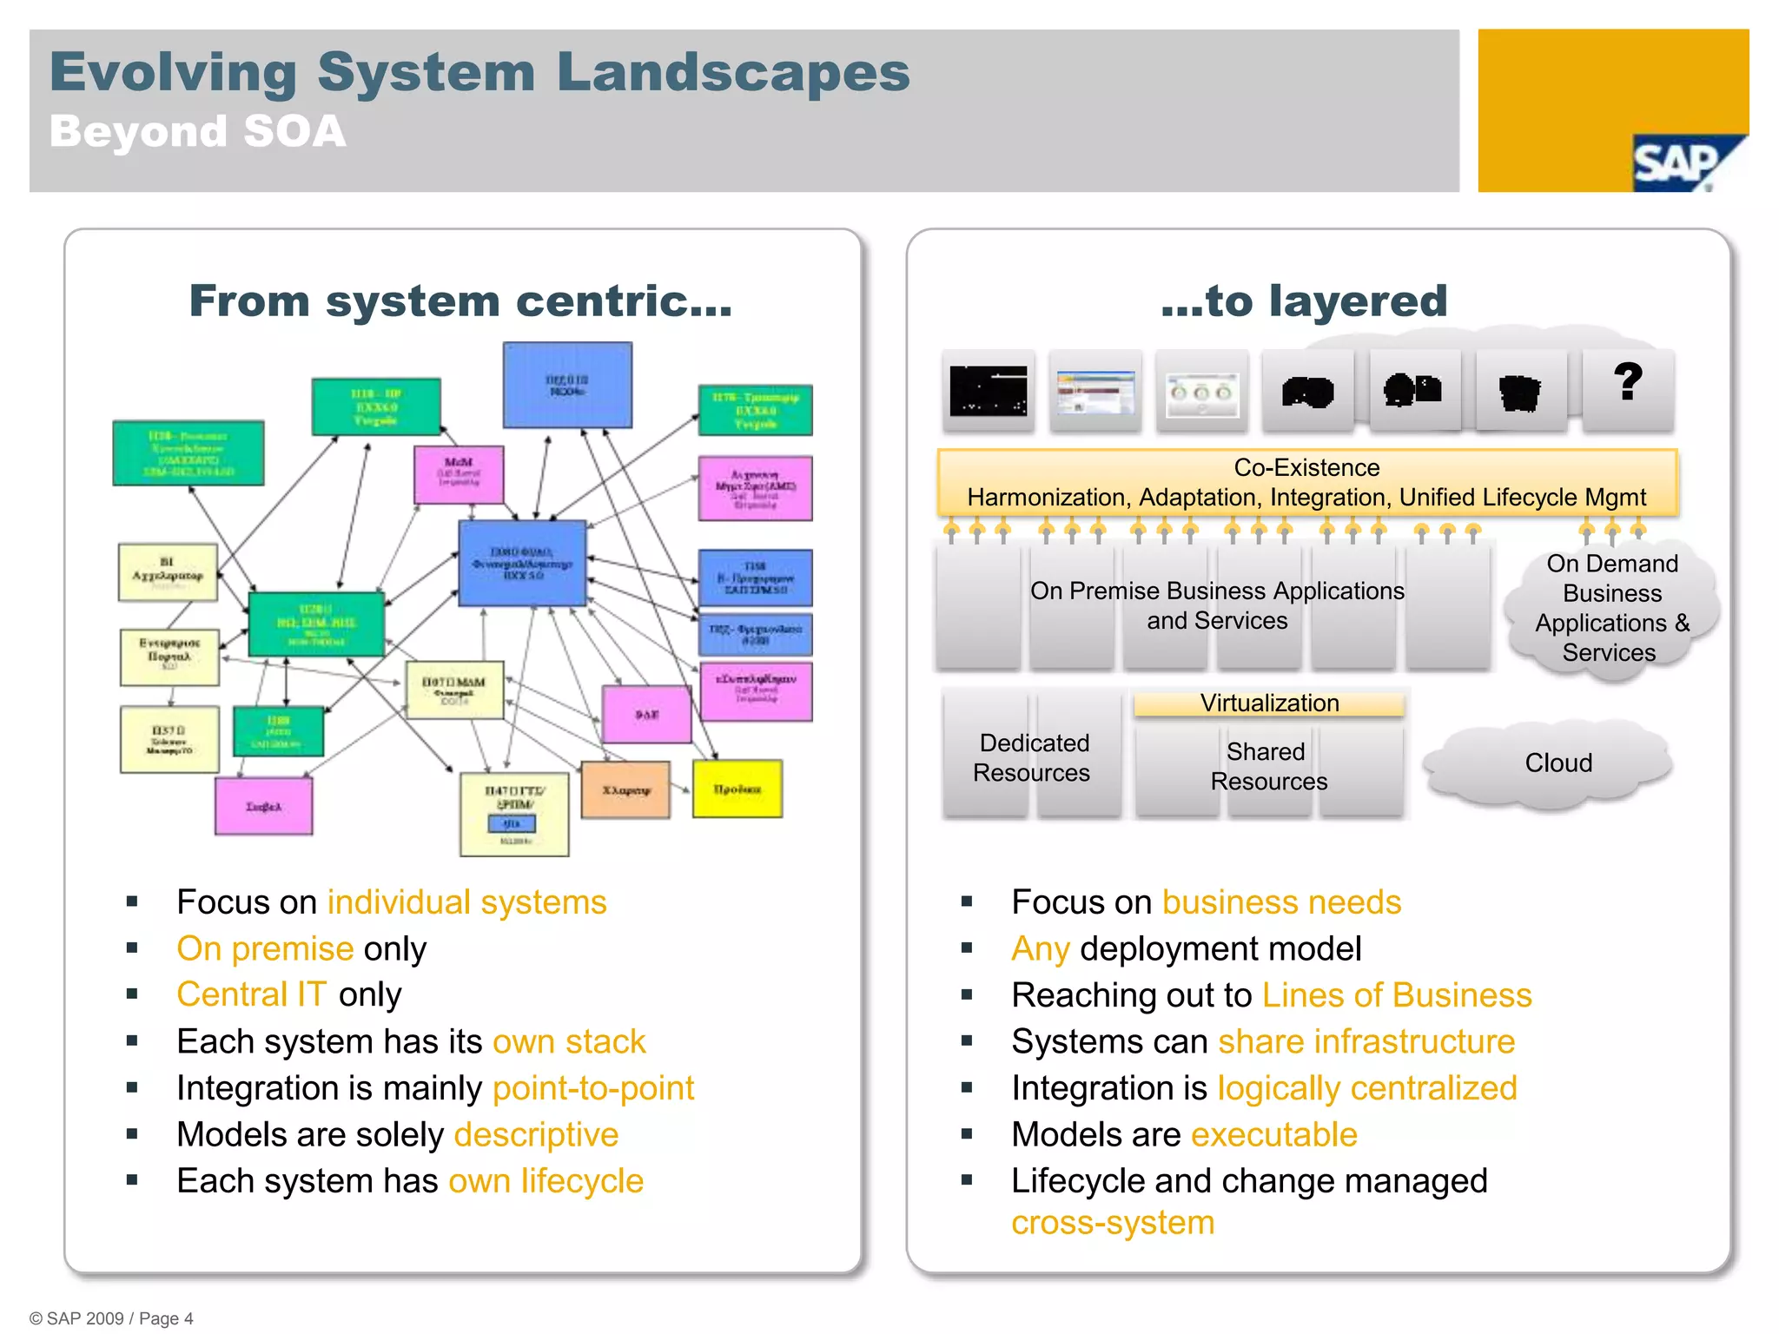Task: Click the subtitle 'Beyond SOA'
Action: (198, 132)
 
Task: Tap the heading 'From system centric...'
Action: (460, 301)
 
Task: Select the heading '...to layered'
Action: (1304, 301)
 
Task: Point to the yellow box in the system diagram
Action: (737, 789)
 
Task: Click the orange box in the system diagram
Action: (625, 790)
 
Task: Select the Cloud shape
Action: (1557, 763)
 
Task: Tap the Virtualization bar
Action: (1269, 703)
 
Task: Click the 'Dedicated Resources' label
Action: (1032, 757)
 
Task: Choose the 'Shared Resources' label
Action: (1268, 766)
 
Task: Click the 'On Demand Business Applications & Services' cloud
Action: (1611, 608)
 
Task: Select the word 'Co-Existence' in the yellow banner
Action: (1306, 468)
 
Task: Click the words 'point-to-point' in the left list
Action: (593, 1088)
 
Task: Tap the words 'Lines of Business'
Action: (1397, 995)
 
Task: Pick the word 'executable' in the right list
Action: (1273, 1135)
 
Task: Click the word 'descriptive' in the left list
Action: (536, 1135)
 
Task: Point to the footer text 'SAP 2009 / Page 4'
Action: (111, 1318)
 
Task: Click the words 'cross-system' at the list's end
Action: (1113, 1223)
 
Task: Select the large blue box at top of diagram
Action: (567, 385)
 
